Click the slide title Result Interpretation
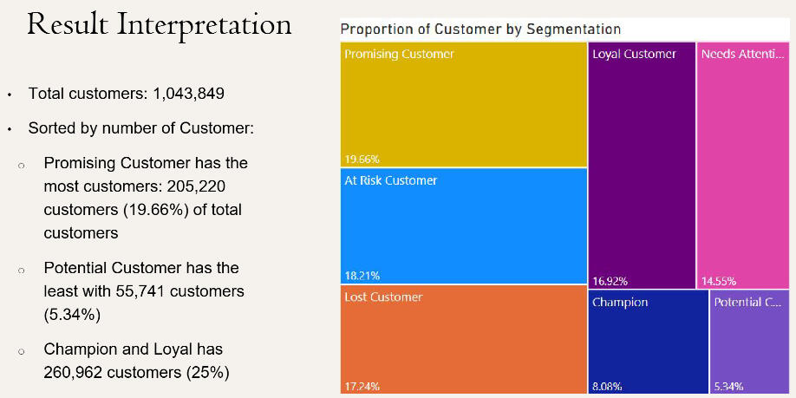pyautogui.click(x=159, y=24)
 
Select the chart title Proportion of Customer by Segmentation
pyautogui.click(x=480, y=29)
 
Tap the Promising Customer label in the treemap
pyautogui.click(x=399, y=54)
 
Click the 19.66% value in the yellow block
pyautogui.click(x=362, y=159)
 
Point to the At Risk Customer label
pyautogui.click(x=390, y=180)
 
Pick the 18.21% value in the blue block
pyautogui.click(x=362, y=276)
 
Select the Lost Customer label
pyautogui.click(x=383, y=297)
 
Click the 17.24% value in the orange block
pyautogui.click(x=362, y=386)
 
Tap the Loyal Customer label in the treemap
pyautogui.click(x=634, y=54)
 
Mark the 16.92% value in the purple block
pyautogui.click(x=610, y=281)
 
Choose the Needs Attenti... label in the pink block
pyautogui.click(x=743, y=54)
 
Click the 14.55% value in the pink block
pyautogui.click(x=719, y=281)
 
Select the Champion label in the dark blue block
pyautogui.click(x=620, y=303)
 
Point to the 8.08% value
pyautogui.click(x=608, y=386)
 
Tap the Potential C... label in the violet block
pyautogui.click(x=747, y=303)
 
